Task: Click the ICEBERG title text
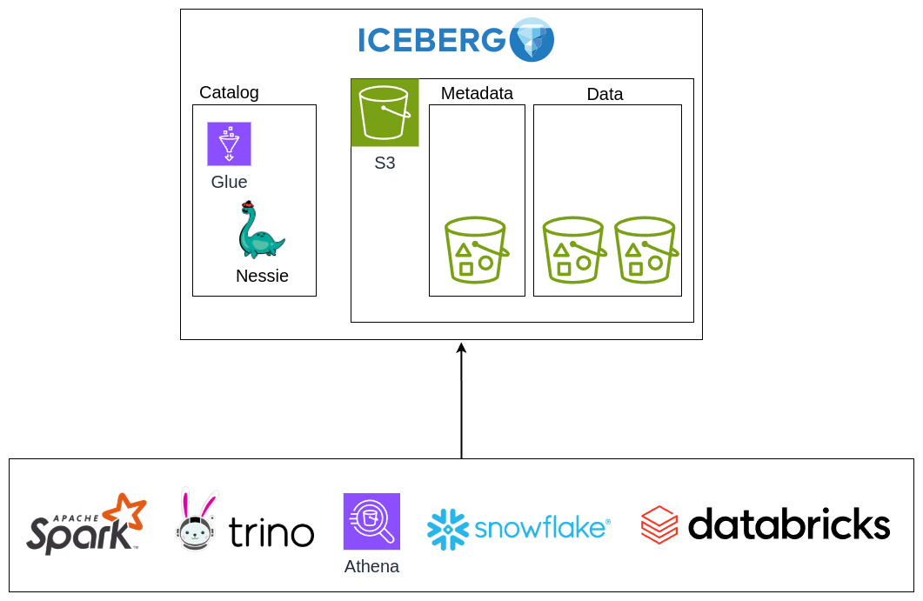click(431, 40)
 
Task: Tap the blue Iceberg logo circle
click(532, 39)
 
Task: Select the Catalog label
click(229, 92)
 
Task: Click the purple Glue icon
click(229, 144)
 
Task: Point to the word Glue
click(229, 182)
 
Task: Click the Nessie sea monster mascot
click(259, 230)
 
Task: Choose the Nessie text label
click(262, 276)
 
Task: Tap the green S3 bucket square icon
click(385, 113)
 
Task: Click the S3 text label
click(385, 163)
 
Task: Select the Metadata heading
click(477, 93)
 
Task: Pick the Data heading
click(605, 94)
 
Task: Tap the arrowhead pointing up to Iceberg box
click(461, 349)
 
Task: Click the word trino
click(271, 531)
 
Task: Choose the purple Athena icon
click(371, 521)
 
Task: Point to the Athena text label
click(371, 566)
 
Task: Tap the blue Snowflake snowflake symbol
click(449, 529)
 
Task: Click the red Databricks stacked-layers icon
click(659, 524)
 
